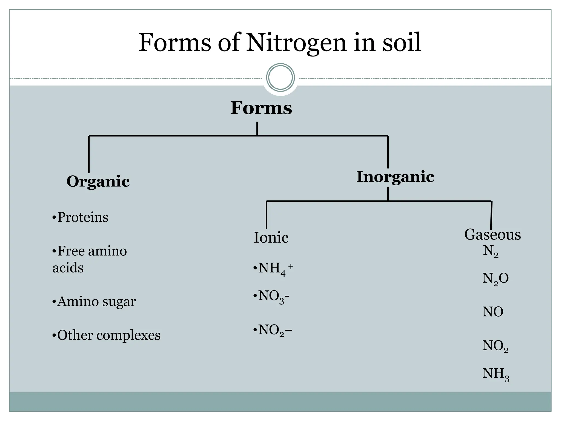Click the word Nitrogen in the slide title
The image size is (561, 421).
296,43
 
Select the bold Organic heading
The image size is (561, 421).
98,181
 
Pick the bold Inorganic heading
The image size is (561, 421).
395,177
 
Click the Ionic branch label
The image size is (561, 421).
271,237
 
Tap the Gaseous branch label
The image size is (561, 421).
492,235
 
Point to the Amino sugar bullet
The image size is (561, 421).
94,301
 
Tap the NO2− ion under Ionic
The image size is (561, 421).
273,330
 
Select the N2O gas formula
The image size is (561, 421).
495,279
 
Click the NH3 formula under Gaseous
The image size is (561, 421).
496,374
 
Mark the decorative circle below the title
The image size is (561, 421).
280,77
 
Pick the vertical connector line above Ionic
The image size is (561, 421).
267,215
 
